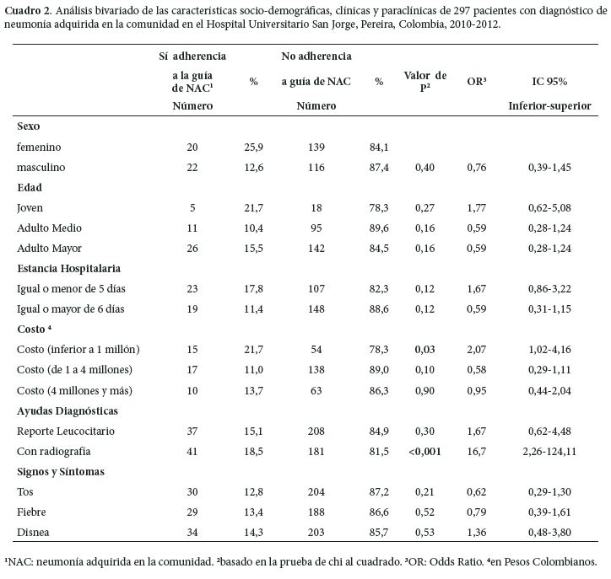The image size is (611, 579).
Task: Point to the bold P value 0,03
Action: (424, 350)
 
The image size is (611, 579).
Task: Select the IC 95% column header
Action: (549, 82)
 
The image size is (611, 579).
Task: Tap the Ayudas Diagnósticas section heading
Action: (67, 410)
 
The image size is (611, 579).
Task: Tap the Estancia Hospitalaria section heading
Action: (68, 268)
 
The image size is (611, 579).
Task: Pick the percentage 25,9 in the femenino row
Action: (253, 147)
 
